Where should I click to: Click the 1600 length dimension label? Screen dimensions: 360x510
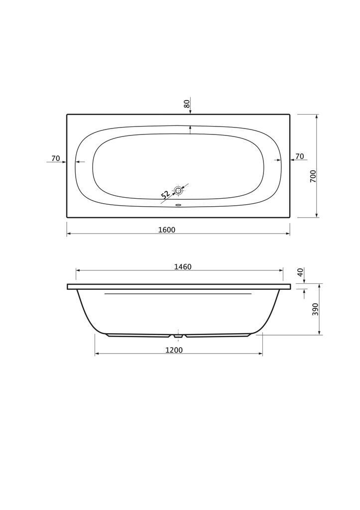click(x=166, y=230)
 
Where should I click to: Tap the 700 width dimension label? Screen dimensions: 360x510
click(x=313, y=176)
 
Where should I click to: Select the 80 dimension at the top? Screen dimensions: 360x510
click(x=187, y=104)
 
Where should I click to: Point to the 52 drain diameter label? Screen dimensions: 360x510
click(x=165, y=195)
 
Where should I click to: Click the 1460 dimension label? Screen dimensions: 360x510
click(x=183, y=267)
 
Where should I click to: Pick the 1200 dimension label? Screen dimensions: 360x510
click(x=174, y=350)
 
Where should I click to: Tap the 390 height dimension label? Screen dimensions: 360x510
click(x=315, y=309)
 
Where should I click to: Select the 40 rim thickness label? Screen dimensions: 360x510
click(x=300, y=272)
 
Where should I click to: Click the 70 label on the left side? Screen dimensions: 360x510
click(x=56, y=158)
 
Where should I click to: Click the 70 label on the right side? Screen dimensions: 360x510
click(x=300, y=156)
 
